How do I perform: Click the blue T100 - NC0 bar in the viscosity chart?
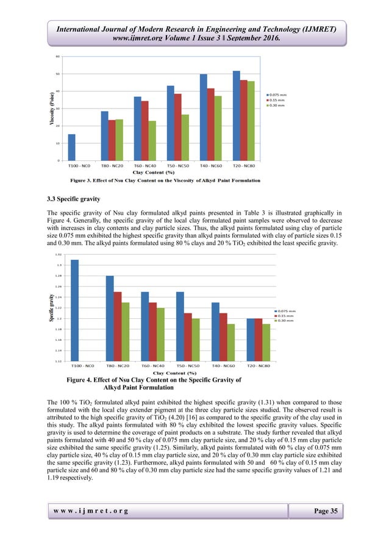[72, 148]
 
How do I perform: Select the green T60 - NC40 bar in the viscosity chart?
[152, 141]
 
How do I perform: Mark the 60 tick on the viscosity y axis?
[58, 57]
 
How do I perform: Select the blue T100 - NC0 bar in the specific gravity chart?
[74, 310]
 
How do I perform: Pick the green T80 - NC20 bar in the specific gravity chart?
[125, 332]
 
